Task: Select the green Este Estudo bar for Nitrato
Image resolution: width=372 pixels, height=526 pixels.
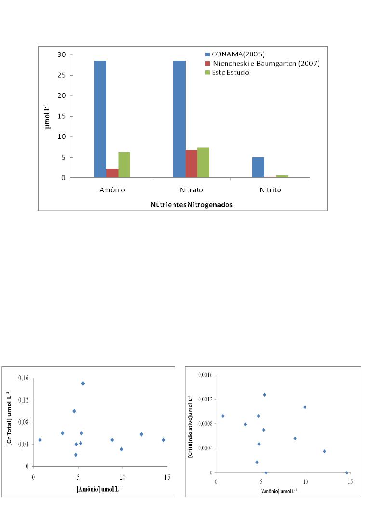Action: (x=203, y=162)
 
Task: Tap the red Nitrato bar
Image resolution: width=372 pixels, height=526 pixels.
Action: (x=191, y=164)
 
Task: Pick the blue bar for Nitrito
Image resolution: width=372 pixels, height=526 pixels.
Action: (x=258, y=167)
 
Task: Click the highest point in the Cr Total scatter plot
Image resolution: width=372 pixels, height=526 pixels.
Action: (x=83, y=383)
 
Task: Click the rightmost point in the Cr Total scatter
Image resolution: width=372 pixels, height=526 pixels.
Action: (x=164, y=440)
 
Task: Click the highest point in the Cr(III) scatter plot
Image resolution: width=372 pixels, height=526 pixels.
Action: (x=264, y=395)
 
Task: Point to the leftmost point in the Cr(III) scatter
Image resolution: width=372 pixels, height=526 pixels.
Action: (x=223, y=416)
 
